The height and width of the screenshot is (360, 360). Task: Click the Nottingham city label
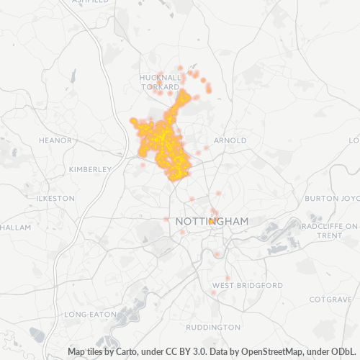[x=212, y=222]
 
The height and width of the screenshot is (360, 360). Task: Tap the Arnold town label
[x=231, y=140]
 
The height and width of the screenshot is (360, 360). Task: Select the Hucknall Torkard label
[x=159, y=81]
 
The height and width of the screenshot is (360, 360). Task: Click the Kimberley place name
[x=89, y=169]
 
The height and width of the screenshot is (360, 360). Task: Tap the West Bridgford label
[x=248, y=286]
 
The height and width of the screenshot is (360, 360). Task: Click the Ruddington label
[x=208, y=328]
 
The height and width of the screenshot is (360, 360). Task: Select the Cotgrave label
[x=328, y=298]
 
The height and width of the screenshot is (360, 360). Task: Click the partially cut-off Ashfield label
[x=90, y=2]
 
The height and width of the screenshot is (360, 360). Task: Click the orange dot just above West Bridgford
[x=228, y=278]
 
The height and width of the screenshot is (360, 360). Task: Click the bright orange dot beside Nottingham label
[x=211, y=222]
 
